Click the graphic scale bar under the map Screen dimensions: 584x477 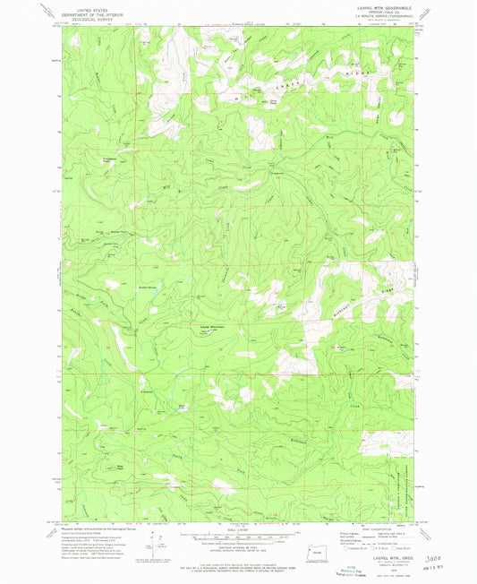point(236,539)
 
